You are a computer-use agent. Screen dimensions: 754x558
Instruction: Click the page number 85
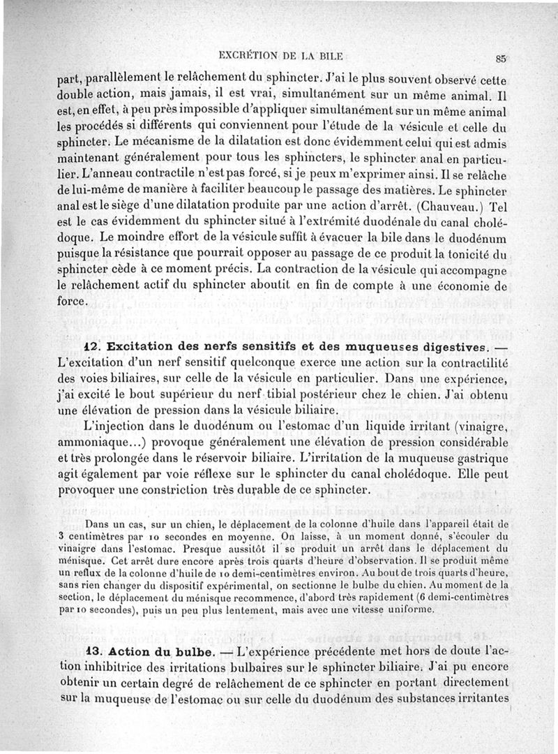[501, 58]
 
